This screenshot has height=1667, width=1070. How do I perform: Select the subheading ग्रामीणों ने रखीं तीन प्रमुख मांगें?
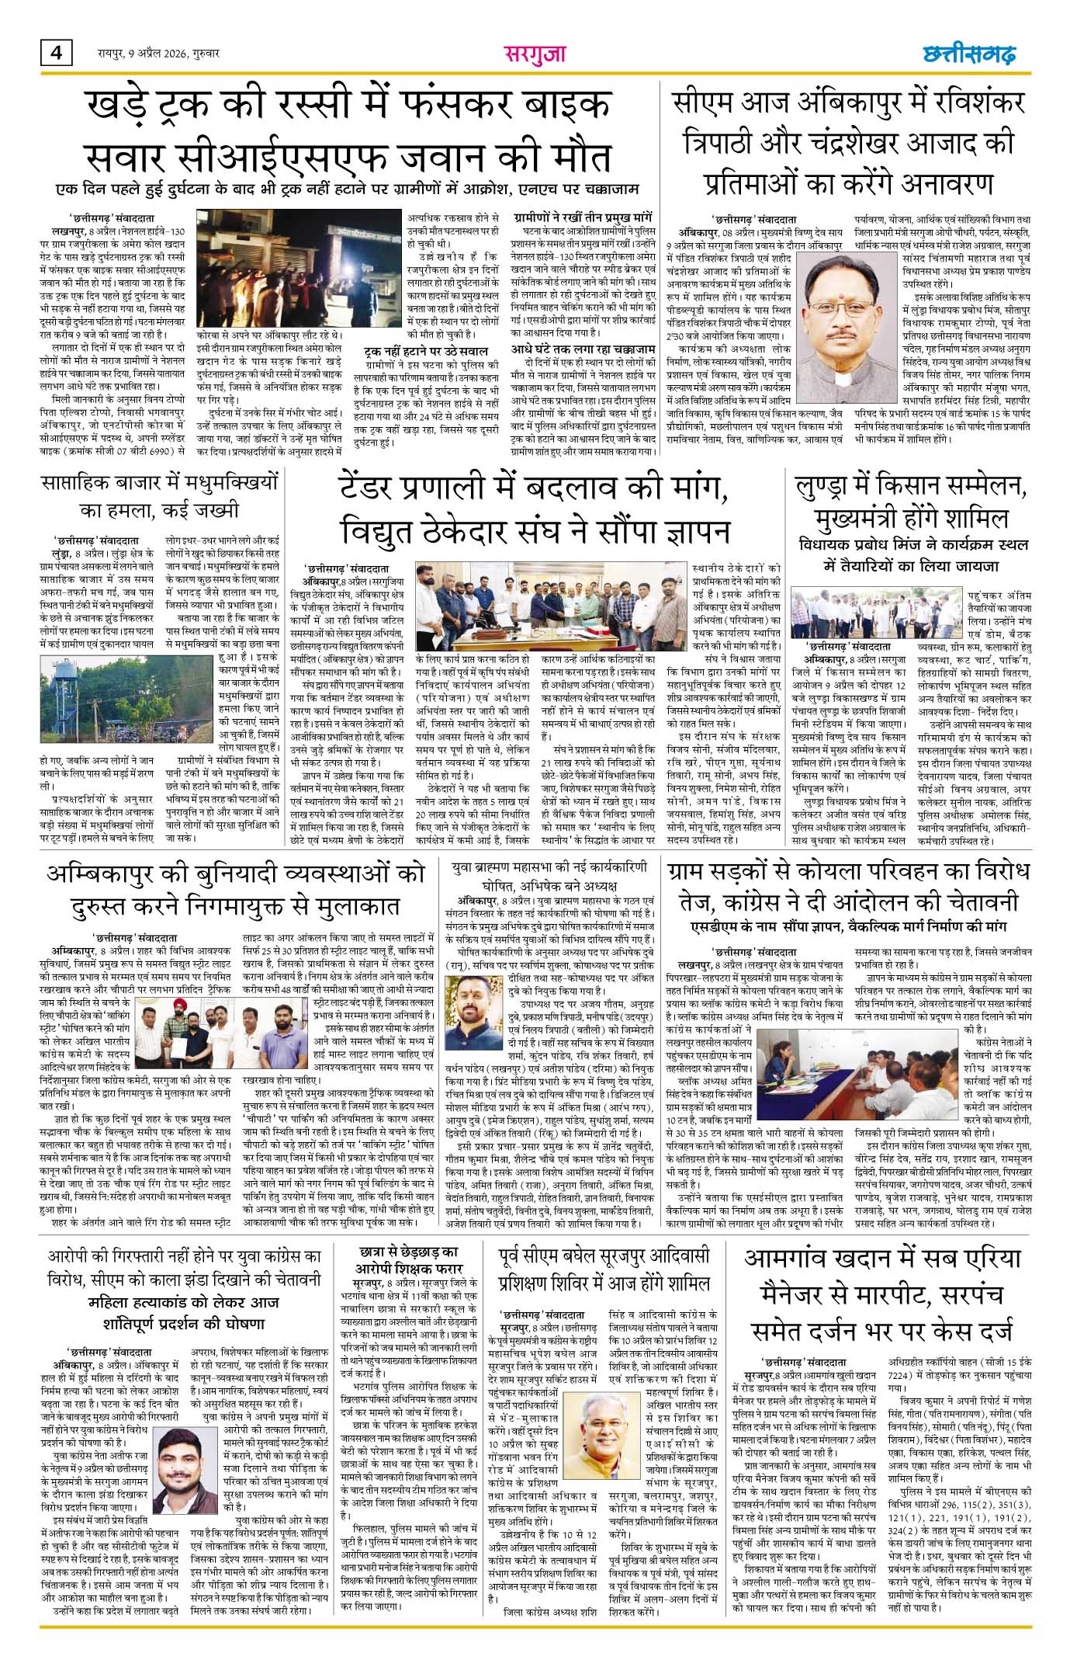(581, 218)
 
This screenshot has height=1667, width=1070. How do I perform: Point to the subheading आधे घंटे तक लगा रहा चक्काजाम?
(583, 349)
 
